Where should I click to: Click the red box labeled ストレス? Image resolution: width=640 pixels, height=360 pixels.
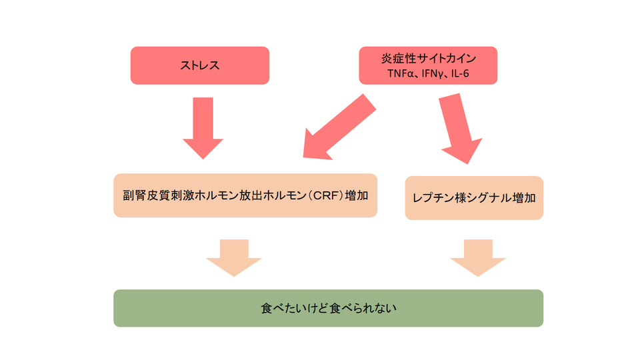(200, 65)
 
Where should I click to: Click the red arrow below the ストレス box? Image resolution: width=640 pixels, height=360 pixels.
(203, 127)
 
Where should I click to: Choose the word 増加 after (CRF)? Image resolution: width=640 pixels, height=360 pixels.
(358, 196)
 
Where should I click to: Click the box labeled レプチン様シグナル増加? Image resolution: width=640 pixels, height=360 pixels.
(474, 198)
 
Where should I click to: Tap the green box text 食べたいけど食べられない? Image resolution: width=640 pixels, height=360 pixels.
(328, 309)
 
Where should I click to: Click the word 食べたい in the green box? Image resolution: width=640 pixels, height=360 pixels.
(283, 309)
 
